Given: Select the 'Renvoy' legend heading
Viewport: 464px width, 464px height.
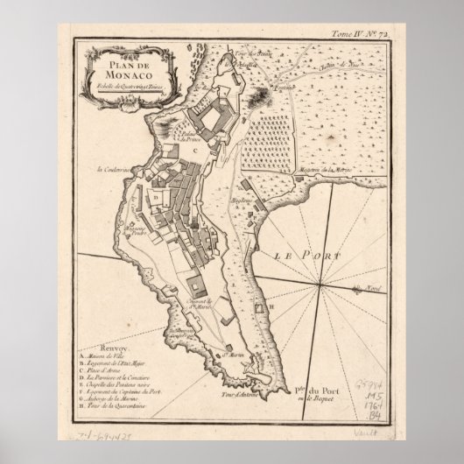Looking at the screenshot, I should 94,346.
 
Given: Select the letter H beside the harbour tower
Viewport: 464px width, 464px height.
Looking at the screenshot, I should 272,306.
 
